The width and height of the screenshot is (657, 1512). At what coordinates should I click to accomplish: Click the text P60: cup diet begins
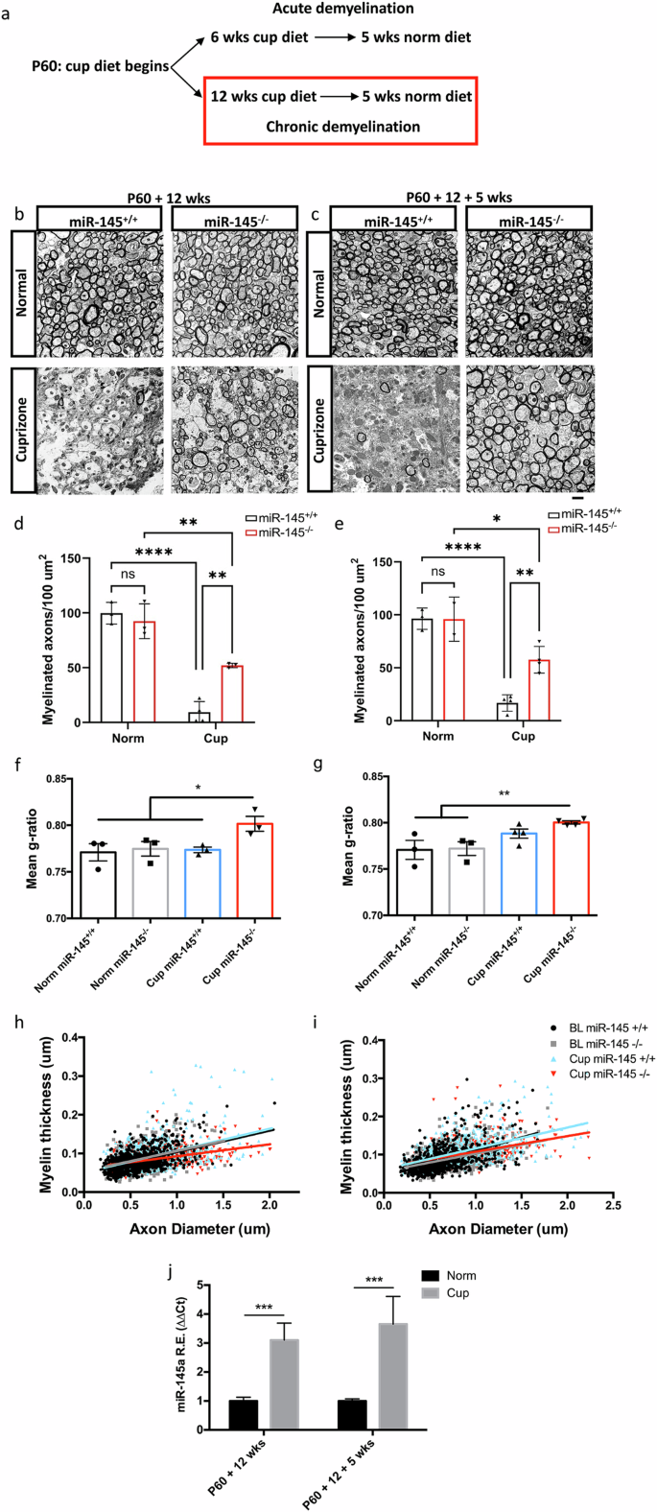pyautogui.click(x=100, y=66)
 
